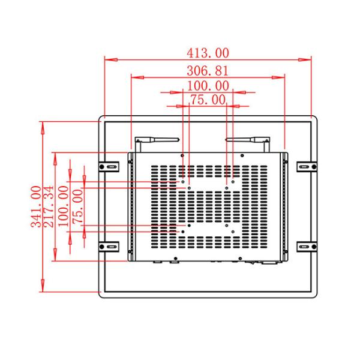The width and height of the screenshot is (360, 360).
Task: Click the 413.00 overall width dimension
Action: pyautogui.click(x=208, y=53)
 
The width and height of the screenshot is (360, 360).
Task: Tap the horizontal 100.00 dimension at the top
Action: pyautogui.click(x=208, y=86)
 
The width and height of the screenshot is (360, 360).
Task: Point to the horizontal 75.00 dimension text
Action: pyautogui.click(x=208, y=100)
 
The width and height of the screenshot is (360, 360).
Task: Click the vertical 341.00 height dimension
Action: pyautogui.click(x=35, y=206)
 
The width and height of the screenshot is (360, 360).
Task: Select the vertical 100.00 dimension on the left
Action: pyautogui.click(x=63, y=206)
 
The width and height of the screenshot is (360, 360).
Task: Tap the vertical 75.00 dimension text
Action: pyautogui.click(x=77, y=206)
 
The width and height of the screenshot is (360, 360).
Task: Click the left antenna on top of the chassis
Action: pyautogui.click(x=157, y=140)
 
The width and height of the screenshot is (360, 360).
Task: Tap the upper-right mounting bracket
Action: pyautogui.click(x=305, y=166)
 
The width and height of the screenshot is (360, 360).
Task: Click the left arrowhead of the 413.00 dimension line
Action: pyautogui.click(x=108, y=59)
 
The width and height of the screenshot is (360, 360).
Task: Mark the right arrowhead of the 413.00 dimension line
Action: pyautogui.click(x=308, y=59)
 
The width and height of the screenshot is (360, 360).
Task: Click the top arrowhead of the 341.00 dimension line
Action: pyautogui.click(x=42, y=125)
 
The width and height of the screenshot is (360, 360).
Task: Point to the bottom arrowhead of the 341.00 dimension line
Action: pyautogui.click(x=42, y=288)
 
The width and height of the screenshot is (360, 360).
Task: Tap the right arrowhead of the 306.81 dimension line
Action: pyautogui.click(x=281, y=77)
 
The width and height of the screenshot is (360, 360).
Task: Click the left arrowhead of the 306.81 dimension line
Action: pyautogui.click(x=134, y=77)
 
